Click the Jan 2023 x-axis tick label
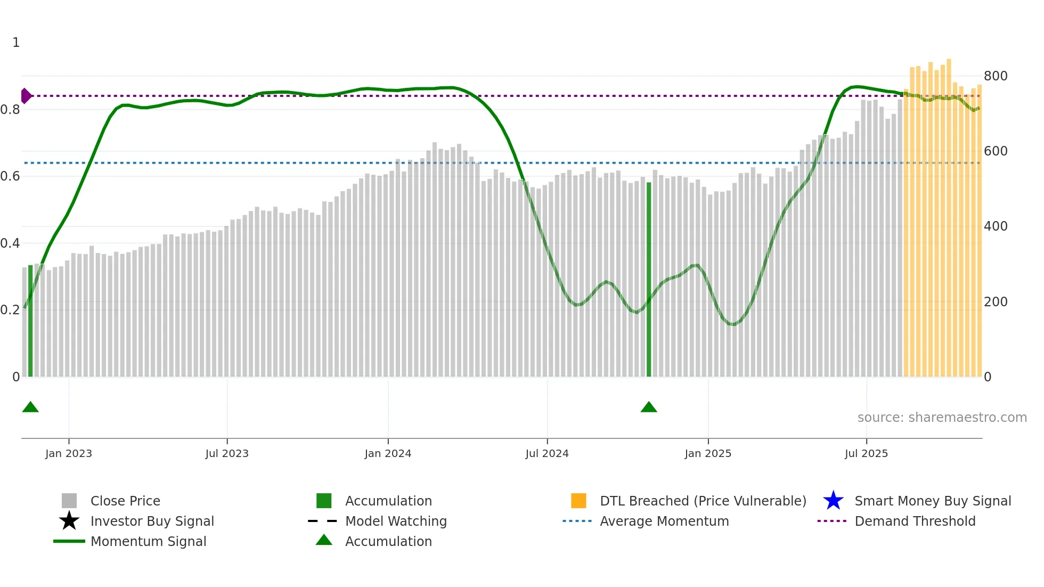pos(69,454)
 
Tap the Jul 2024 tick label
pos(547,454)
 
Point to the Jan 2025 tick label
pos(708,454)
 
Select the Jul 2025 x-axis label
pos(866,454)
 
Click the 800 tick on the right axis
pos(996,76)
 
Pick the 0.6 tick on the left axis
pos(10,176)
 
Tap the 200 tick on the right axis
pos(996,302)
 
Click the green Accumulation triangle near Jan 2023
pos(30,407)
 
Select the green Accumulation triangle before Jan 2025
pos(649,407)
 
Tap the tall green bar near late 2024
pos(649,280)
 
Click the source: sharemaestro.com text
pos(942,418)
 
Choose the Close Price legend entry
pos(125,501)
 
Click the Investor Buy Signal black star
pos(69,521)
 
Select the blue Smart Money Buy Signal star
pos(833,501)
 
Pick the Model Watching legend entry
pos(396,521)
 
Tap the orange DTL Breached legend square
pos(578,501)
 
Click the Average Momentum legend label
pos(664,521)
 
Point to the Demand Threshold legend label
pos(915,521)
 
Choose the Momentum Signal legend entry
pos(148,542)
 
